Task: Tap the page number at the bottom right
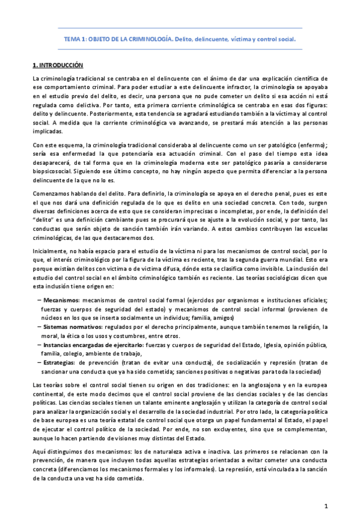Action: pos(325,489)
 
